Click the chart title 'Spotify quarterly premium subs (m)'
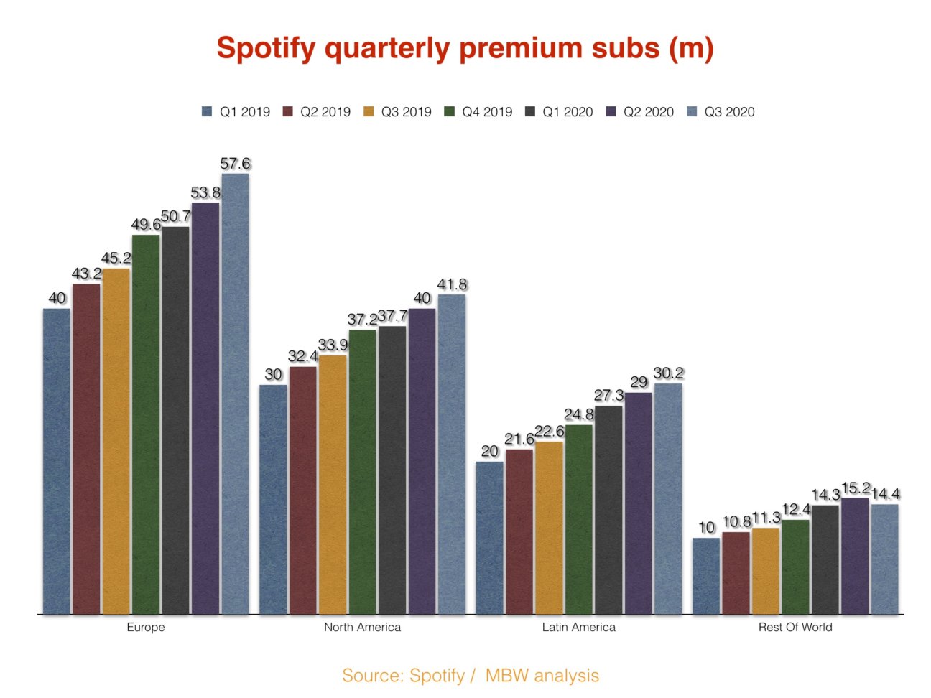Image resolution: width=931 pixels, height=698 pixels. pos(465,49)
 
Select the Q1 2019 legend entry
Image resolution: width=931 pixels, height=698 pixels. pos(236,112)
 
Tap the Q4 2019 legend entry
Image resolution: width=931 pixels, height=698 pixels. pos(478,112)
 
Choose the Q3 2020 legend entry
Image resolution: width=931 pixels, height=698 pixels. pos(721,112)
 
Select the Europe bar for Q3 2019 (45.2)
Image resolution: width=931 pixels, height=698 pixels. pos(116,441)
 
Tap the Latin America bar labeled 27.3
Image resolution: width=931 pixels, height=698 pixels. pos(608,510)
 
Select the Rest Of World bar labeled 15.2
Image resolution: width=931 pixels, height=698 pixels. pos(855,556)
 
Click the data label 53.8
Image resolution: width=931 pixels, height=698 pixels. pos(205,193)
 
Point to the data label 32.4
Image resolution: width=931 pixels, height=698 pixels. pos(303,356)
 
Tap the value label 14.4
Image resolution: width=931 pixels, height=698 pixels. pos(885,494)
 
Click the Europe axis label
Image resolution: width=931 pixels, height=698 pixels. pos(146,627)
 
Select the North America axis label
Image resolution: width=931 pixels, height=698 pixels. pos(362,627)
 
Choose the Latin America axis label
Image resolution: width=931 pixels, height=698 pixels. pos(578,627)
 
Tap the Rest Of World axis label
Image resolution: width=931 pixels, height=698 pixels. pos(795,627)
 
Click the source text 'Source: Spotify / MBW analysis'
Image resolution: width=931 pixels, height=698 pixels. pos(471,675)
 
